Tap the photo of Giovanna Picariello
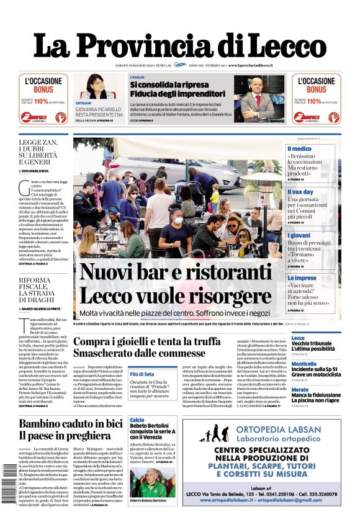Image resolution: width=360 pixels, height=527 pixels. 99,86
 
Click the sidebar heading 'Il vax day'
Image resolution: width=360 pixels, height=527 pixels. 300,192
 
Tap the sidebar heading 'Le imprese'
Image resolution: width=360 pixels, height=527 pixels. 302,278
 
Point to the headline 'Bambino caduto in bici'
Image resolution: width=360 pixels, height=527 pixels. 71,424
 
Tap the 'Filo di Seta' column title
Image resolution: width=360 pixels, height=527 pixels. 142,374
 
